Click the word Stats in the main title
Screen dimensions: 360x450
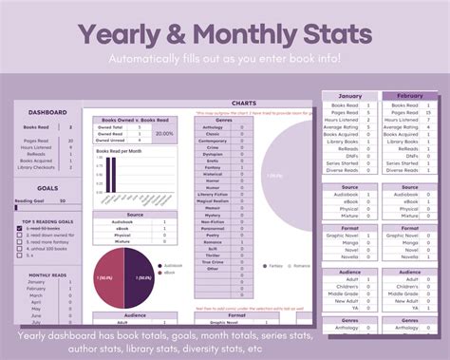(322, 33)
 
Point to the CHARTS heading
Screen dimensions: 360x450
(244, 104)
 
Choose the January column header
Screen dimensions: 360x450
(350, 97)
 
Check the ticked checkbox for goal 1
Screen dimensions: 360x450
(20, 229)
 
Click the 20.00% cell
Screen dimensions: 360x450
(165, 134)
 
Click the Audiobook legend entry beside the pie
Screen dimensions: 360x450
(172, 265)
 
